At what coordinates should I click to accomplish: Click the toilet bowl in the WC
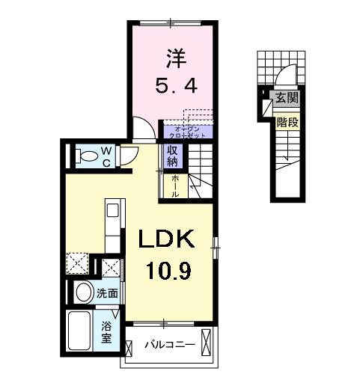click(x=88, y=156)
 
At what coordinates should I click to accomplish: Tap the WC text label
click(x=107, y=156)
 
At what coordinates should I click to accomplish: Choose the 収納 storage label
click(x=171, y=156)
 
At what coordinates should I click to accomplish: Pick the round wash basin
click(x=84, y=292)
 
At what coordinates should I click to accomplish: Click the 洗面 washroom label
click(x=106, y=295)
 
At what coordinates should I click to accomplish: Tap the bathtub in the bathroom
click(x=82, y=328)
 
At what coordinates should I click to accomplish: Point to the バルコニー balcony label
click(x=170, y=346)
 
